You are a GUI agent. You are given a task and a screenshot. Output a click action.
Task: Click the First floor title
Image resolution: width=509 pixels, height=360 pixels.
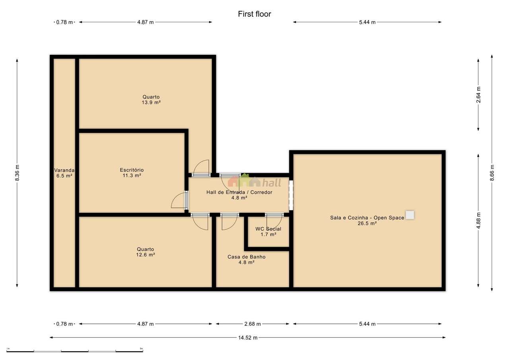click(254, 14)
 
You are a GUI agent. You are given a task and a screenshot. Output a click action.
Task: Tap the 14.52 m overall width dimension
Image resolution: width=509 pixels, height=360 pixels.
click(248, 337)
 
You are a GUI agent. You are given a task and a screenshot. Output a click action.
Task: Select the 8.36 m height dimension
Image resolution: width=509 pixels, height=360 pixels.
click(17, 173)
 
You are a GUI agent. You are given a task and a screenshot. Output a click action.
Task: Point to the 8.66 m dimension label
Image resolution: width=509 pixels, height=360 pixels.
click(492, 173)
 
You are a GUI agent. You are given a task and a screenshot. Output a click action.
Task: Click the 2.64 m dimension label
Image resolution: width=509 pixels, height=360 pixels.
click(478, 95)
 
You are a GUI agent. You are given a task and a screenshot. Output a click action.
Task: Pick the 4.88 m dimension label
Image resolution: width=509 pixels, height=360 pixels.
click(478, 221)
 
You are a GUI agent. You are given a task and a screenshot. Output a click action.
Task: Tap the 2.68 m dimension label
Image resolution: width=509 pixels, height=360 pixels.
click(253, 324)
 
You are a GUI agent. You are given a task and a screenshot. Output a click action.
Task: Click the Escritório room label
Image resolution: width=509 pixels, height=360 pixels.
click(132, 170)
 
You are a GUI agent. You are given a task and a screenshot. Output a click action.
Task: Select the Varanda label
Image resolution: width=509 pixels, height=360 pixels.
click(64, 170)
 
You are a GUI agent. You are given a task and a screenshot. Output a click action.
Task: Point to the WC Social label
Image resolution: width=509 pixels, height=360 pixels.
click(268, 229)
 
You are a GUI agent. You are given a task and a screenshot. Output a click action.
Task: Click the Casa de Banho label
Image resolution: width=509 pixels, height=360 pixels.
click(247, 257)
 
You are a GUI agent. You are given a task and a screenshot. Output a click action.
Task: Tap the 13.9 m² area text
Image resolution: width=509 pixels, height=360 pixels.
click(151, 103)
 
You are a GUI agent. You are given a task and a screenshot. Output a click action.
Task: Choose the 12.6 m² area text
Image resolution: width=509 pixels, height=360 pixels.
click(146, 255)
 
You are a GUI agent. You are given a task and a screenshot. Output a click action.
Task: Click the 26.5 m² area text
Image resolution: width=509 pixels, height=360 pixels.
click(367, 224)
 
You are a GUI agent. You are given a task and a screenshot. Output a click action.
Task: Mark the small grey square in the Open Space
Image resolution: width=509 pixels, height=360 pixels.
click(410, 215)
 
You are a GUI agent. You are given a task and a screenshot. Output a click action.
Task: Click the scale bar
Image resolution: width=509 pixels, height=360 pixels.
click(75, 351)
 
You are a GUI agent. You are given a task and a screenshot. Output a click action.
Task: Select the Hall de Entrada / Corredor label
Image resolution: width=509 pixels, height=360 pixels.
click(239, 192)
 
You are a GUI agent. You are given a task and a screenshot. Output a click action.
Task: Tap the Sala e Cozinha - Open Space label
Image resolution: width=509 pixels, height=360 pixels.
click(367, 218)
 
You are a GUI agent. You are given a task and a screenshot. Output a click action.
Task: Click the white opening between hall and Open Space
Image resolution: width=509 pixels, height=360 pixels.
click(291, 195)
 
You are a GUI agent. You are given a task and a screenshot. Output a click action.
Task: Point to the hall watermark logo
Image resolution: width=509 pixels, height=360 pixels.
click(254, 181)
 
